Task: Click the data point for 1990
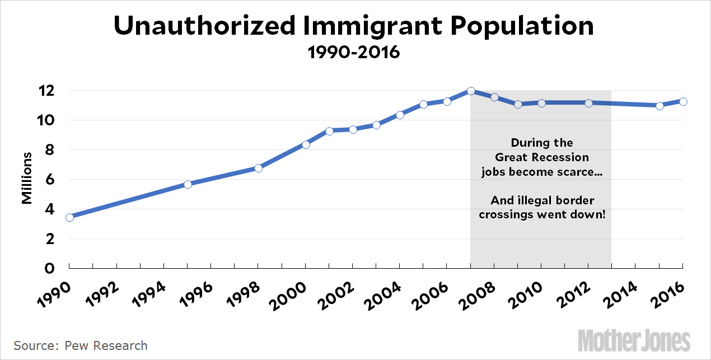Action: click(69, 217)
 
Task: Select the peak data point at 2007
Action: click(471, 91)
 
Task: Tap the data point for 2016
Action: click(683, 101)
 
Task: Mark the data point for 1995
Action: click(188, 184)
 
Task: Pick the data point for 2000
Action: click(306, 144)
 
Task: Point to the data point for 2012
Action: click(588, 103)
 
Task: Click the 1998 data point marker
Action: click(258, 168)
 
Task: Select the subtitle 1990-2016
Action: click(354, 53)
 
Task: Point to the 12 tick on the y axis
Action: click(47, 91)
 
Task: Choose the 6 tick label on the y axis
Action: click(50, 180)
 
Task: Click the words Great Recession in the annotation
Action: click(541, 157)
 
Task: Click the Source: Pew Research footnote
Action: click(81, 345)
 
